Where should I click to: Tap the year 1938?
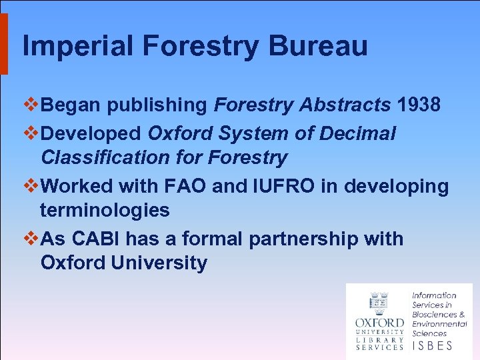click(419, 105)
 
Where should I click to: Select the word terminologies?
click(105, 211)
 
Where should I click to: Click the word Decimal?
click(358, 133)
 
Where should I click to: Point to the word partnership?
click(303, 239)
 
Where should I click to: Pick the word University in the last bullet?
click(159, 263)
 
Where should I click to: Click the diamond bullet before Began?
click(29, 105)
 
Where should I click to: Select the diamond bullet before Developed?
click(29, 133)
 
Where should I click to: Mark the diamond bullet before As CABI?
click(29, 238)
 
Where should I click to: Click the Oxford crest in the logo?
click(379, 303)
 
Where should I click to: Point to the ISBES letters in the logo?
click(433, 345)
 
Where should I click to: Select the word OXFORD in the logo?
click(379, 323)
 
